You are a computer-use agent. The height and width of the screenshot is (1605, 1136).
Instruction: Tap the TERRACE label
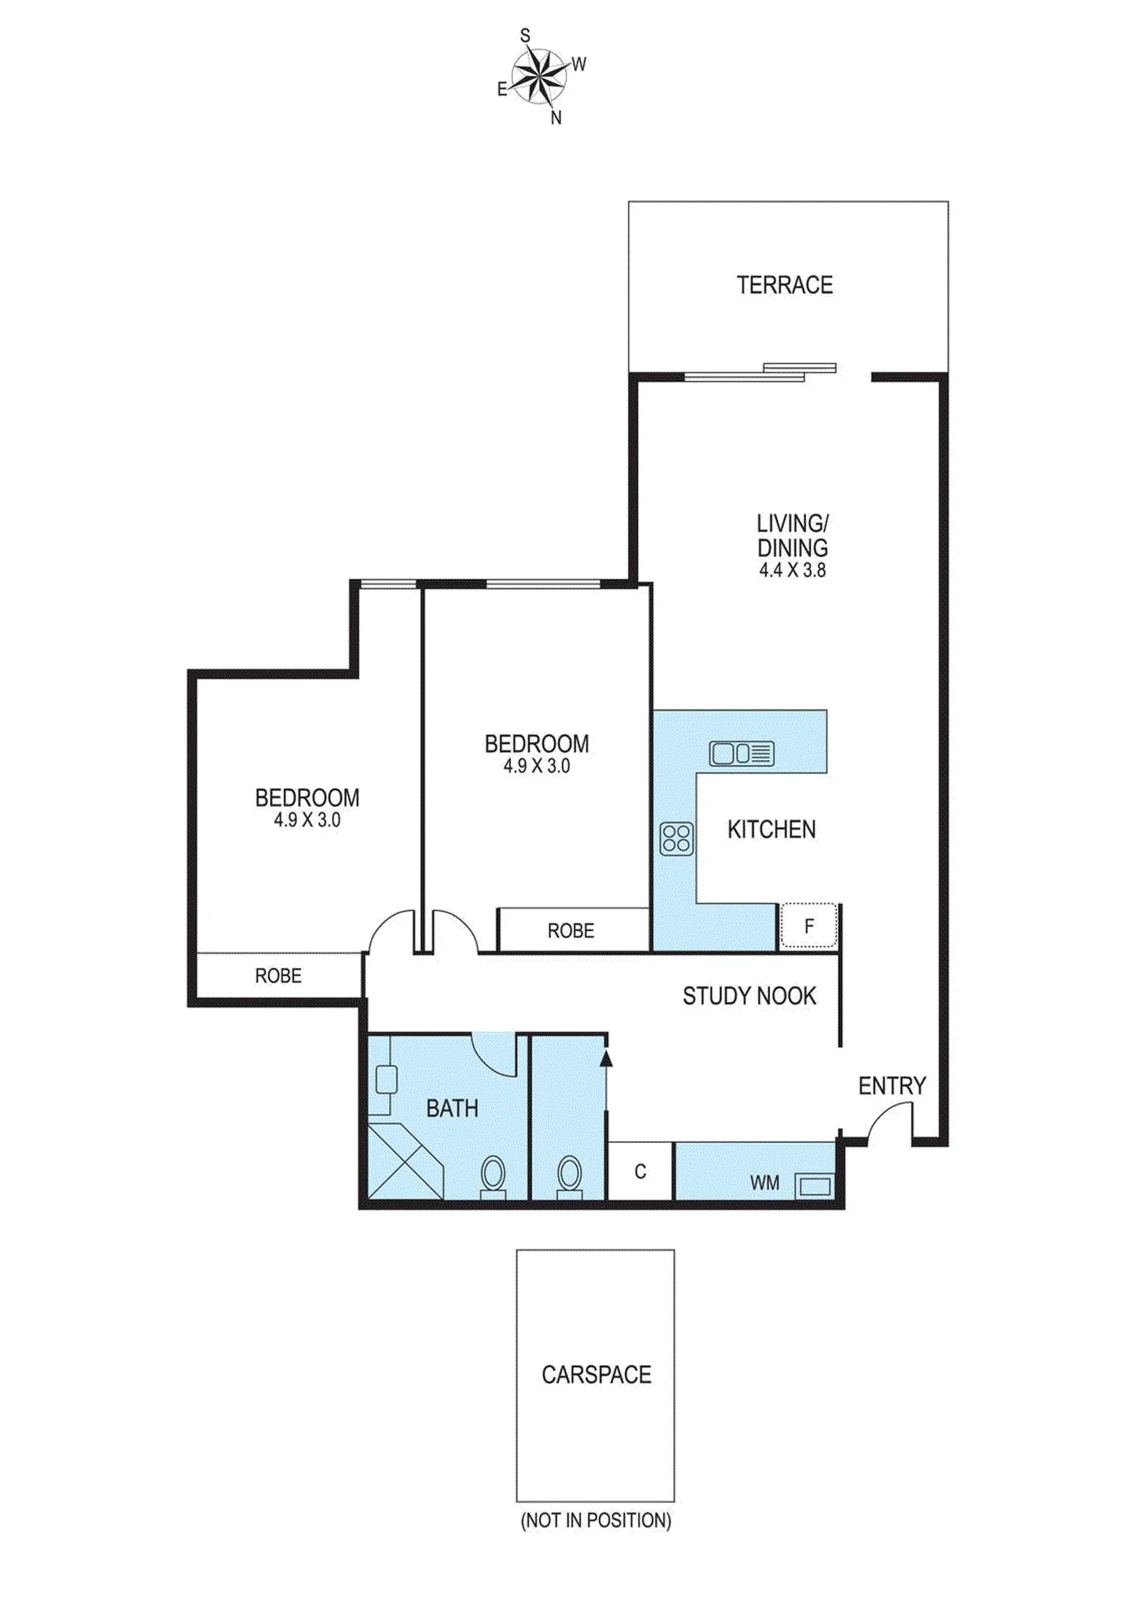[784, 285]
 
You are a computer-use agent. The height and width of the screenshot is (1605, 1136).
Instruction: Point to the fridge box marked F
[809, 926]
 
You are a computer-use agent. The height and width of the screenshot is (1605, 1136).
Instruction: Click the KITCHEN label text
[771, 830]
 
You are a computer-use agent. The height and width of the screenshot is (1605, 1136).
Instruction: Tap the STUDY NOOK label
[749, 996]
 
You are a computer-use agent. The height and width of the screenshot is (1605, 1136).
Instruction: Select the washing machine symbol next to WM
[815, 1186]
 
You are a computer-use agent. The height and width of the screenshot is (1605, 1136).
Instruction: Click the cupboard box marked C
[640, 1171]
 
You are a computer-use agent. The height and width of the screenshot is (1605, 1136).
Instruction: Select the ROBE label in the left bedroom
[278, 976]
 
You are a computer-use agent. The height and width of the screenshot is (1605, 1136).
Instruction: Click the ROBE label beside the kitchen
[571, 931]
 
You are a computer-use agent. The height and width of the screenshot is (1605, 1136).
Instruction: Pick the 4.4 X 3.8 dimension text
[793, 570]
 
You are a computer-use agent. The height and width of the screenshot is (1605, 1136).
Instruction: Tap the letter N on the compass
[556, 118]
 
